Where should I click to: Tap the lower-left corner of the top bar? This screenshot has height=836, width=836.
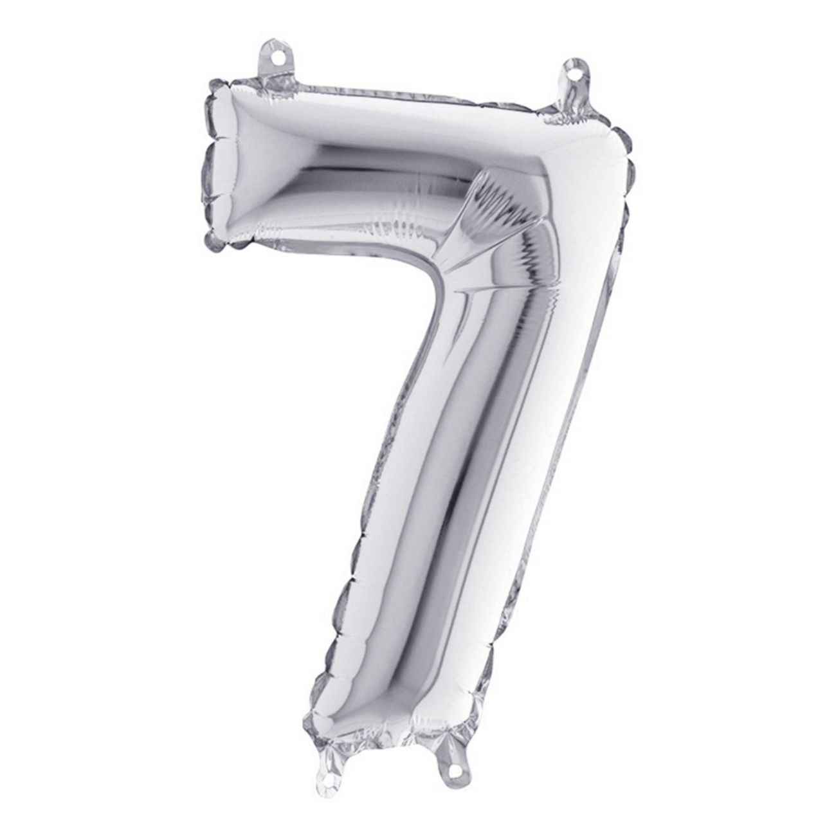[219, 241]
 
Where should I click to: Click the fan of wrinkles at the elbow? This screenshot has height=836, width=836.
[495, 212]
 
